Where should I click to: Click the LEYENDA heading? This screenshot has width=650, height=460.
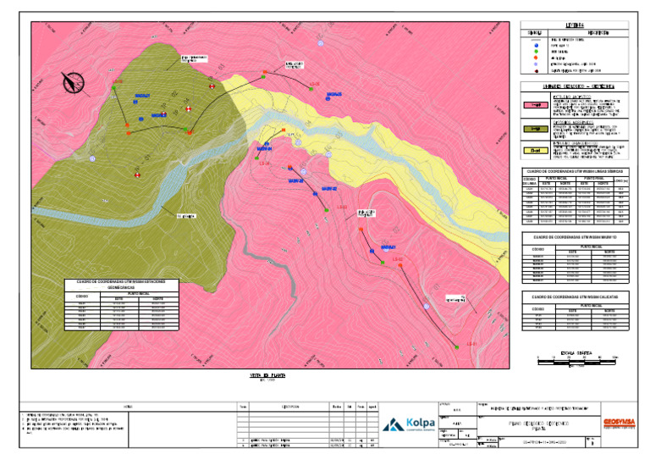[575, 25]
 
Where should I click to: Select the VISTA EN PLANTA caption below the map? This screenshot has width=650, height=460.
[261, 374]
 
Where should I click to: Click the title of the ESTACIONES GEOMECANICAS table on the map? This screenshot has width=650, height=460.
[121, 284]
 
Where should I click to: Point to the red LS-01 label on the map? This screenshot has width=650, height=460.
[471, 343]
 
